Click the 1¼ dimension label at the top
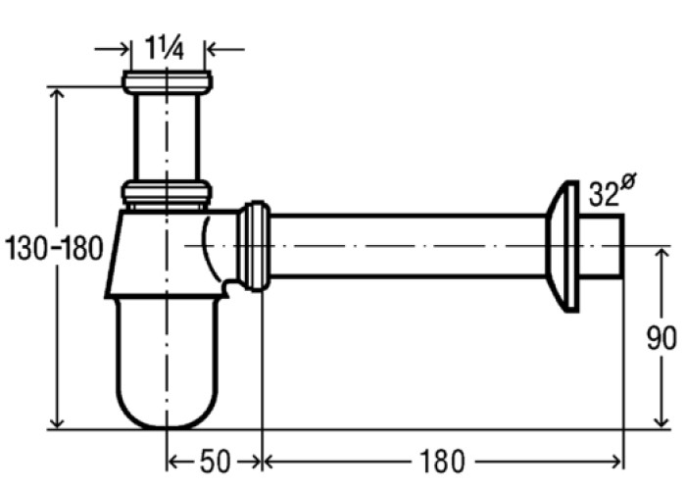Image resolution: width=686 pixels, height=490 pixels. (x=165, y=48)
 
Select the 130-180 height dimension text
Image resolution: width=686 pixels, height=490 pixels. (x=53, y=248)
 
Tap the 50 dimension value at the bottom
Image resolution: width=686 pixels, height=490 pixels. (x=215, y=462)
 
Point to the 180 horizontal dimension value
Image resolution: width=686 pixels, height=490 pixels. (x=441, y=462)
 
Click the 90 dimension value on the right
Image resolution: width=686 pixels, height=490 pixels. (x=661, y=338)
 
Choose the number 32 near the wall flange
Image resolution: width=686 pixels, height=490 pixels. (x=604, y=194)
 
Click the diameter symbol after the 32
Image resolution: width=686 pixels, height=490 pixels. (x=628, y=181)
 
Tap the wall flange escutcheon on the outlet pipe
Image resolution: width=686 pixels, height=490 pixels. (x=563, y=246)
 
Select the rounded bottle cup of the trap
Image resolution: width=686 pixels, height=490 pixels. (x=168, y=363)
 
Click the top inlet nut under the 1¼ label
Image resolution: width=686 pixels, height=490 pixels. (x=168, y=81)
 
